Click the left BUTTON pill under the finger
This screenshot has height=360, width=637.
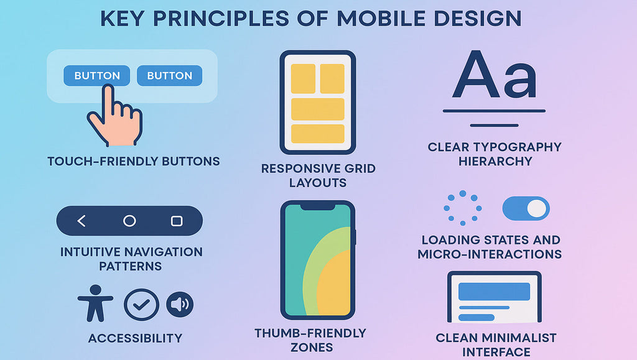(x=96, y=75)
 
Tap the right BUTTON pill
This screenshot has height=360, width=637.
(x=169, y=75)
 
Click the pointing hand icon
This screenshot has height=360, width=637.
(x=115, y=116)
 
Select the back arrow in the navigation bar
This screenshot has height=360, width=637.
(x=81, y=221)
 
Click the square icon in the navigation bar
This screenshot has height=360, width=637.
(x=177, y=221)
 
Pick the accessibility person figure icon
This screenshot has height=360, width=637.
(x=95, y=303)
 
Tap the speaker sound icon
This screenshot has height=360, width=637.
(x=180, y=305)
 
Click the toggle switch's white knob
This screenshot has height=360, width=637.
(x=537, y=209)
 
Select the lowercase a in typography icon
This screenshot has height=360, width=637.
(x=521, y=81)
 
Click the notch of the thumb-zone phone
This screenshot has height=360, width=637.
(x=318, y=207)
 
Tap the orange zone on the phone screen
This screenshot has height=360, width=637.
(x=334, y=284)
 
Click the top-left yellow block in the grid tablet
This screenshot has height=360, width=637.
(x=303, y=79)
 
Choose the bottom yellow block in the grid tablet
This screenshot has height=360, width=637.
(x=318, y=134)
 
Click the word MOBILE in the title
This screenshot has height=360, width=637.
(x=381, y=19)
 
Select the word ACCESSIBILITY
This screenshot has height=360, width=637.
(x=135, y=338)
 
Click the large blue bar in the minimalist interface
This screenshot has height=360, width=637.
(x=494, y=292)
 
